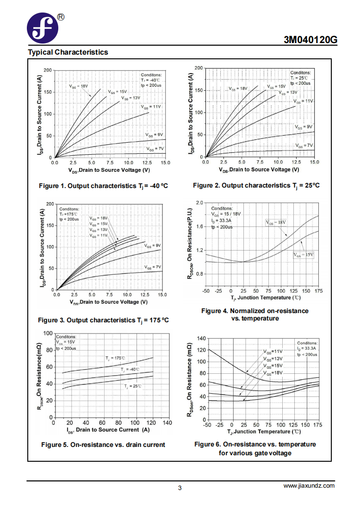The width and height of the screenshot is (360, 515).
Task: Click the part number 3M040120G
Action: [310, 40]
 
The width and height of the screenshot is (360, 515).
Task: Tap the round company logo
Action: [43, 28]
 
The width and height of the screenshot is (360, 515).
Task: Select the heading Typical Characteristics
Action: [68, 52]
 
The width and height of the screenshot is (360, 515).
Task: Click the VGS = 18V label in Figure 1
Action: [79, 87]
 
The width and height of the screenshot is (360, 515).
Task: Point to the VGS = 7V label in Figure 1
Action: [155, 149]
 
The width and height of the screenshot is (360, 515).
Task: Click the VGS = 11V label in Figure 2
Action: [303, 101]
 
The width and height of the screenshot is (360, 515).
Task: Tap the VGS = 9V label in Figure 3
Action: [153, 245]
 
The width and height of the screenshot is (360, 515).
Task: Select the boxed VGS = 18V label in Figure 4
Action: [276, 223]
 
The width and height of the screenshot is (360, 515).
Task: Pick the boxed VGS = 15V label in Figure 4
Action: [304, 255]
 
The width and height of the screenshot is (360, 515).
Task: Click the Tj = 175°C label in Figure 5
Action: [115, 358]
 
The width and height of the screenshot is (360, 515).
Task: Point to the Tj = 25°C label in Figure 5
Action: [133, 386]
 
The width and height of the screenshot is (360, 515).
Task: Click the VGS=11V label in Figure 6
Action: [273, 352]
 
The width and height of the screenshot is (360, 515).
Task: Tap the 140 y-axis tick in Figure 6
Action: [201, 338]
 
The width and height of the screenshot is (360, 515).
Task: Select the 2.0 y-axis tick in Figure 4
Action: [199, 203]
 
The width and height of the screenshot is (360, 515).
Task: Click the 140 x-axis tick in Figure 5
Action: [168, 423]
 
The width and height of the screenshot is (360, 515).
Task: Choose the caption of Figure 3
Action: [103, 320]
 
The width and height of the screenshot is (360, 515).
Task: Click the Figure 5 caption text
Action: [103, 445]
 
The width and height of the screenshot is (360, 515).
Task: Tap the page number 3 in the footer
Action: [180, 488]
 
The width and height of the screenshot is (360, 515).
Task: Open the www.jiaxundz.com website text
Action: [309, 486]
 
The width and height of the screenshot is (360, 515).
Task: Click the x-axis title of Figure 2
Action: [259, 170]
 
